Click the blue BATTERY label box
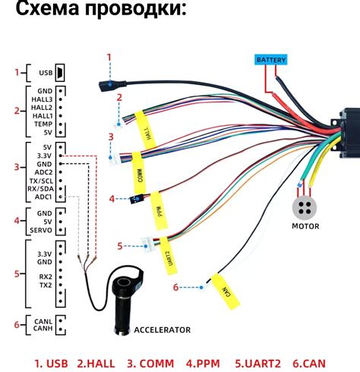pyautogui.click(x=271, y=59)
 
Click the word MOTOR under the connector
pyautogui.click(x=306, y=226)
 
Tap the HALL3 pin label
pyautogui.click(x=43, y=99)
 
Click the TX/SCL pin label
pyautogui.click(x=39, y=181)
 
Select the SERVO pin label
pyautogui.click(x=41, y=230)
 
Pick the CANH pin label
pyautogui.click(x=42, y=329)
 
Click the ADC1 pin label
pyautogui.click(x=43, y=197)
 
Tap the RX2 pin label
pyautogui.click(x=46, y=276)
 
